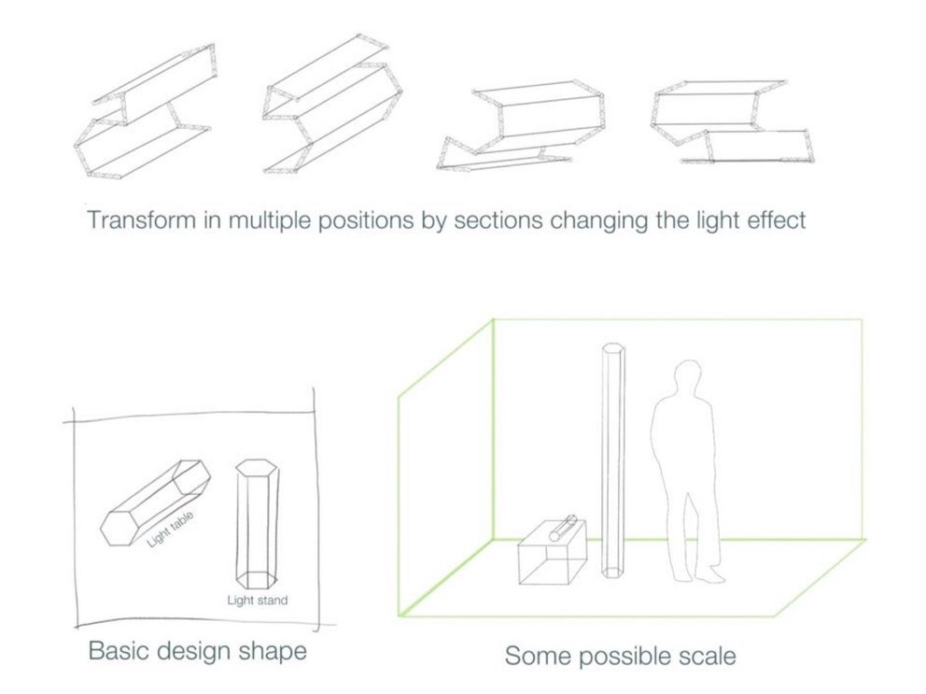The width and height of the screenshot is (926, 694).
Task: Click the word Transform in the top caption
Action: click(131, 222)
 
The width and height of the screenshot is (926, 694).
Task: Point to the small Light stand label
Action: click(257, 600)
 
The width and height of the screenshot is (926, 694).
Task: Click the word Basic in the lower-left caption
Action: click(117, 650)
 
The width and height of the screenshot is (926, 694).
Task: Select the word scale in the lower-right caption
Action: click(701, 656)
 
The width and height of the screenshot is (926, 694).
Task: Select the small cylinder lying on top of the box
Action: click(566, 528)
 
